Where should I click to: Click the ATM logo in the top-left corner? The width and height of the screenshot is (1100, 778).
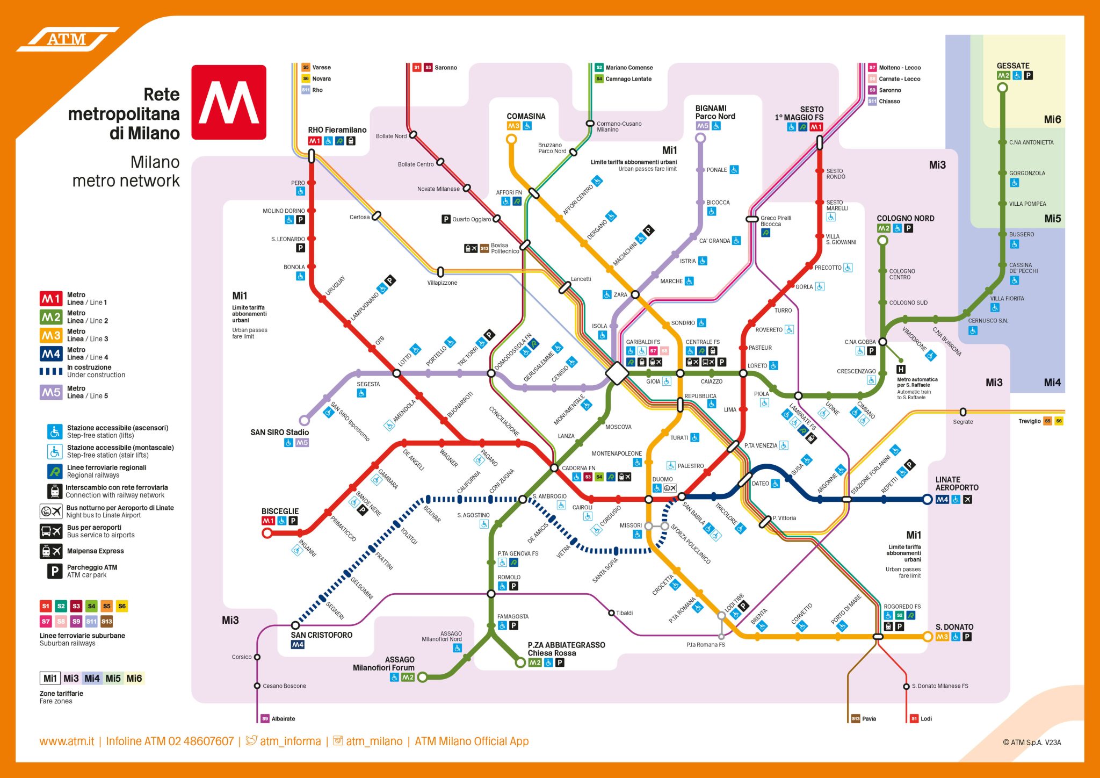tap(67, 39)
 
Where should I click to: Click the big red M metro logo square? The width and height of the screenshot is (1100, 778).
tap(229, 102)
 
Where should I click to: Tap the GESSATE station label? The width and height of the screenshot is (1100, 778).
tap(1012, 66)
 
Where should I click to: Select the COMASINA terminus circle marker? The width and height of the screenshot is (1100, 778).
tap(511, 139)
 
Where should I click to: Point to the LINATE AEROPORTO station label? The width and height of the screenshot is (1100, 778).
tap(957, 484)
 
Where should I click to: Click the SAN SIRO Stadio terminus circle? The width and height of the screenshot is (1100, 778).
tap(304, 420)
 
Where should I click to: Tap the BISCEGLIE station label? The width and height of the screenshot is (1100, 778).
tap(280, 511)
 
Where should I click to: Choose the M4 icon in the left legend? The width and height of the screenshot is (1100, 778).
tap(51, 354)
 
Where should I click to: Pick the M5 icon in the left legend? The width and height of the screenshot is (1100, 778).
tap(51, 392)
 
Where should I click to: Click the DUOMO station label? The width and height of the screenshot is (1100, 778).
tap(662, 479)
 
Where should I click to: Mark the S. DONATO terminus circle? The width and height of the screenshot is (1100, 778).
tap(928, 637)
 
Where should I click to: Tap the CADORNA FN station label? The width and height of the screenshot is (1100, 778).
tap(578, 468)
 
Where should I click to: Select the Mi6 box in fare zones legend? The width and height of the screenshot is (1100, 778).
tap(134, 678)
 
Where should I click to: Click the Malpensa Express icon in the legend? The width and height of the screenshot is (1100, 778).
tap(51, 551)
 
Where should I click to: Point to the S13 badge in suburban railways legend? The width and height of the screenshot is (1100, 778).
tap(107, 622)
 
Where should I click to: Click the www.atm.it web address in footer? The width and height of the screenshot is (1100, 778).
tap(67, 741)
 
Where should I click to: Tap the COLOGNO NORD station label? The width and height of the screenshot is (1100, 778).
tap(905, 218)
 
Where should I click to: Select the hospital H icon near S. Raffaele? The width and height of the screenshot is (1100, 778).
tap(901, 369)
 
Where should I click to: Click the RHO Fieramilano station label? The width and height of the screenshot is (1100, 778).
tap(337, 130)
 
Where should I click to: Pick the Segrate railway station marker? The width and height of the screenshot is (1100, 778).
tap(963, 412)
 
